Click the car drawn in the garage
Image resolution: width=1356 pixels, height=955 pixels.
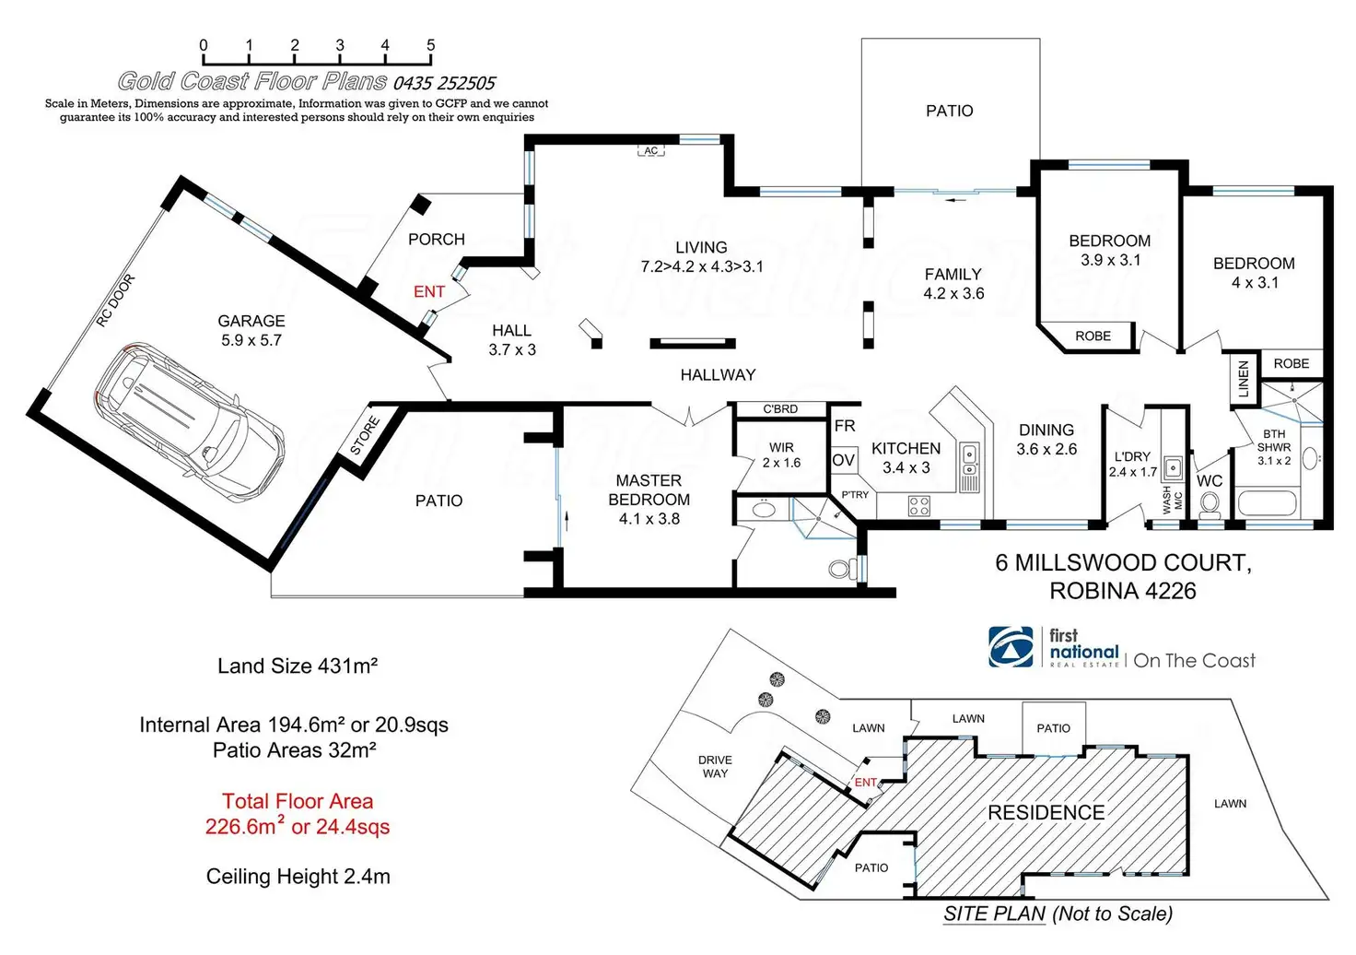pos(190,415)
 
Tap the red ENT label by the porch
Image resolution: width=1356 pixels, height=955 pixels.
pos(429,292)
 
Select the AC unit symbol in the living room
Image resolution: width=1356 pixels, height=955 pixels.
pos(651,150)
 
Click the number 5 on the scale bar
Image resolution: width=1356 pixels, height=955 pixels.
pos(430,45)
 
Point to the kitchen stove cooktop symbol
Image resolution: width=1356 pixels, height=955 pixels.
pos(919,505)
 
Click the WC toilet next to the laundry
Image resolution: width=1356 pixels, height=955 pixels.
pos(1210,504)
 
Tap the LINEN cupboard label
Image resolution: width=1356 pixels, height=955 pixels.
pos(1244,379)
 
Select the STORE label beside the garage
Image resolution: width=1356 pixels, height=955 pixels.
pos(365,436)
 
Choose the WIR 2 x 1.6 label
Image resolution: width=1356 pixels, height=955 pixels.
pos(781,455)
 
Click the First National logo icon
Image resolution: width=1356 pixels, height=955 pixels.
pos(1011,647)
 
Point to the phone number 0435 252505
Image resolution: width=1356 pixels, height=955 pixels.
pos(444,83)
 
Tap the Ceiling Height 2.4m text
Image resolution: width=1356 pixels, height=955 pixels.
pos(298,877)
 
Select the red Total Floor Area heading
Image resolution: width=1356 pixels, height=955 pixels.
pos(298,801)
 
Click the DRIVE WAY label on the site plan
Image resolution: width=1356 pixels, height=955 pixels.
pos(715,767)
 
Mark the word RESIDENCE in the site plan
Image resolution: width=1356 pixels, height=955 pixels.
pos(1046,813)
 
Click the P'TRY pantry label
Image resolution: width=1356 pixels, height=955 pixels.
pos(855,495)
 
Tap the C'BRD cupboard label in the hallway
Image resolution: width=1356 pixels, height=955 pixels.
pos(780,409)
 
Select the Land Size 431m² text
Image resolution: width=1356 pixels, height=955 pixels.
pos(298,666)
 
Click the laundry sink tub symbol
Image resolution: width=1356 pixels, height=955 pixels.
pos(1173,466)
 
